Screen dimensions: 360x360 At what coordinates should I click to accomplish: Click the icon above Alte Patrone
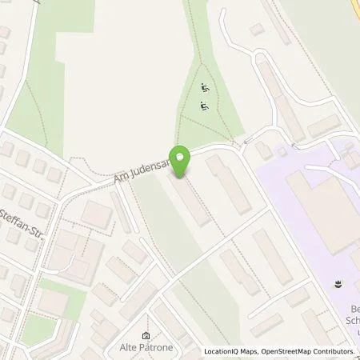(x=146, y=336)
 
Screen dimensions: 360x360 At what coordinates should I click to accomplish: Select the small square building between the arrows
(x=281, y=150)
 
